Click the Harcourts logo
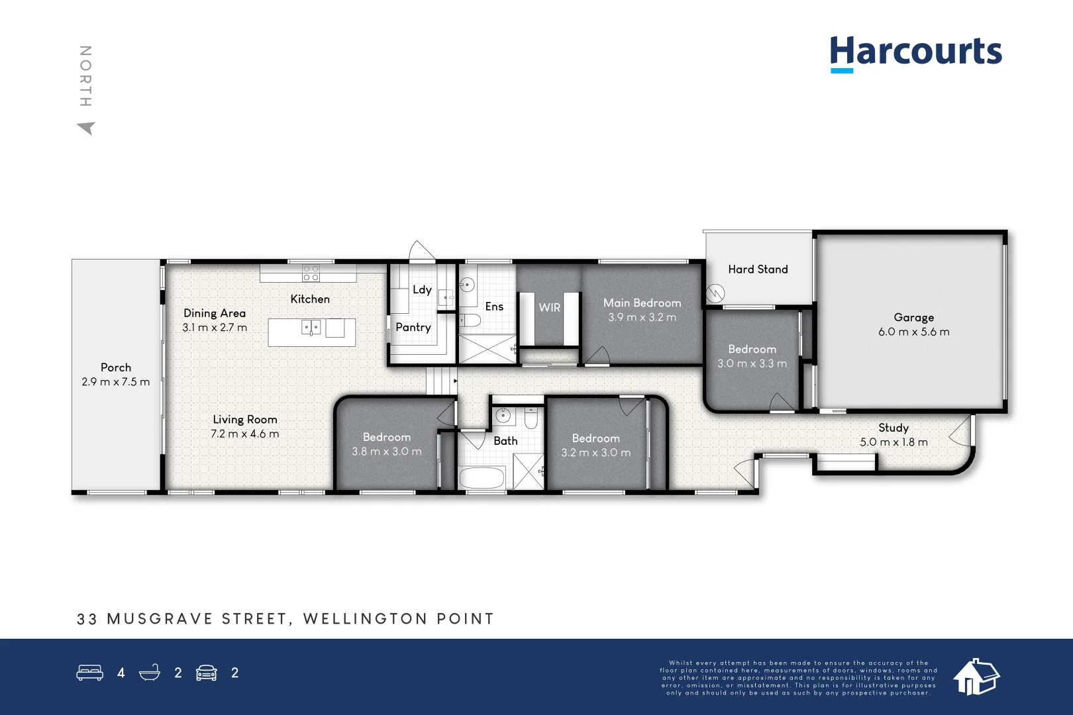pyautogui.click(x=915, y=52)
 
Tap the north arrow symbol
pyautogui.click(x=87, y=128)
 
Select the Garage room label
pyautogui.click(x=913, y=318)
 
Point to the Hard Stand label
pyautogui.click(x=758, y=269)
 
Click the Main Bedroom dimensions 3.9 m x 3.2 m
pyautogui.click(x=642, y=318)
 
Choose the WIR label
pyautogui.click(x=549, y=308)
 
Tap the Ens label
pyautogui.click(x=494, y=307)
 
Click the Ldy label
pyautogui.click(x=422, y=289)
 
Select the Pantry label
pyautogui.click(x=413, y=327)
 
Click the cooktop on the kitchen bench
pyautogui.click(x=311, y=273)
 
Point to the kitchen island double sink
pyautogui.click(x=311, y=327)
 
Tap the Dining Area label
pyautogui.click(x=214, y=313)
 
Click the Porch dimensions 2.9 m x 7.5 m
pyautogui.click(x=116, y=382)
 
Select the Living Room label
pyautogui.click(x=244, y=420)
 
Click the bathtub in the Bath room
pyautogui.click(x=482, y=478)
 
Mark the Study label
pyautogui.click(x=893, y=428)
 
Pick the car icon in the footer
pyautogui.click(x=207, y=673)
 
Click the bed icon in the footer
pyautogui.click(x=89, y=673)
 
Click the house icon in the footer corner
pyautogui.click(x=976, y=677)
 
